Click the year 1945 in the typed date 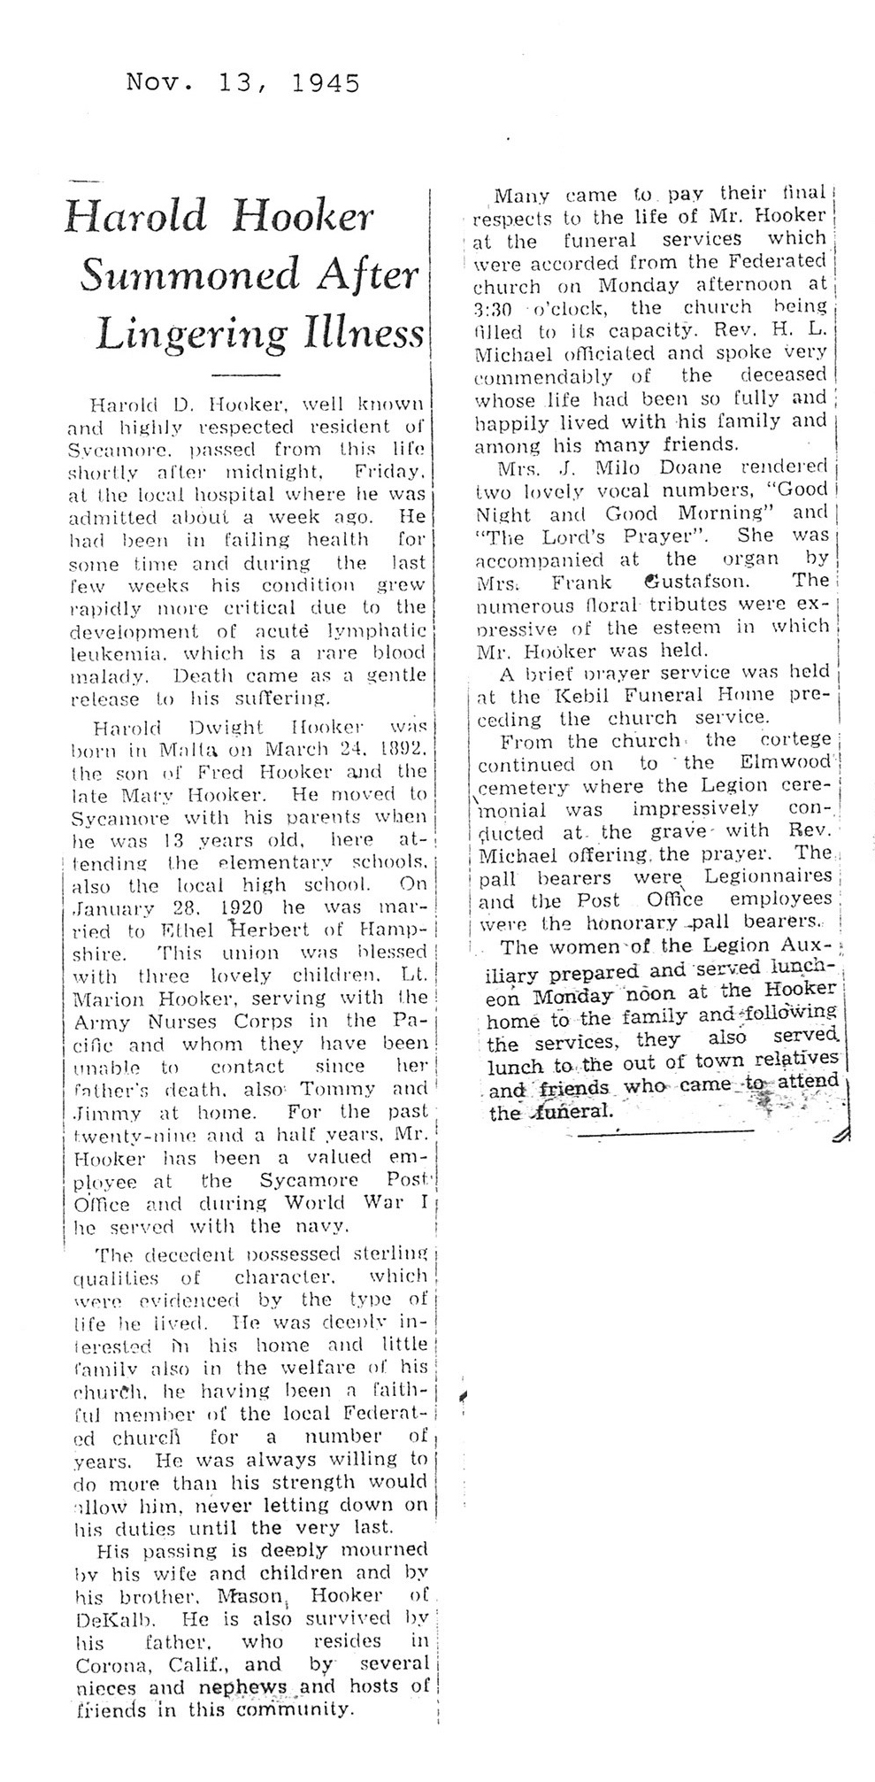coord(325,84)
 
